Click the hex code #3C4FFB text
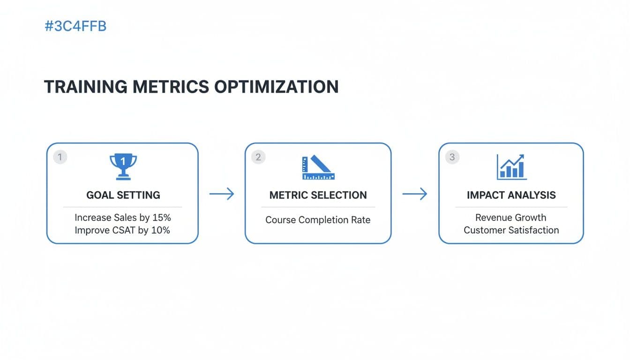[x=75, y=27]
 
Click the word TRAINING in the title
[x=85, y=87]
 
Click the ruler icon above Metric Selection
[x=318, y=167]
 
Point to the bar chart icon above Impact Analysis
[x=511, y=167]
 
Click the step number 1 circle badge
[x=60, y=157]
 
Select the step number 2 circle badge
[x=258, y=157]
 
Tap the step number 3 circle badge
[x=452, y=157]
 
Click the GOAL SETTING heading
[x=123, y=195]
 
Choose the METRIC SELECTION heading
[x=318, y=195]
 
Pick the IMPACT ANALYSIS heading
[x=511, y=195]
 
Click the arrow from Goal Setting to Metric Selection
[x=222, y=194]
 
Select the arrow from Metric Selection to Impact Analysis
[x=415, y=194]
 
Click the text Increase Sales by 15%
[x=123, y=217]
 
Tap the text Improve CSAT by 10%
[x=123, y=230]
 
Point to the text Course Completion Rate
[x=318, y=220]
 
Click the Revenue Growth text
[x=511, y=217]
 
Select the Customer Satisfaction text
[x=511, y=230]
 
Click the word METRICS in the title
[x=170, y=87]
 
